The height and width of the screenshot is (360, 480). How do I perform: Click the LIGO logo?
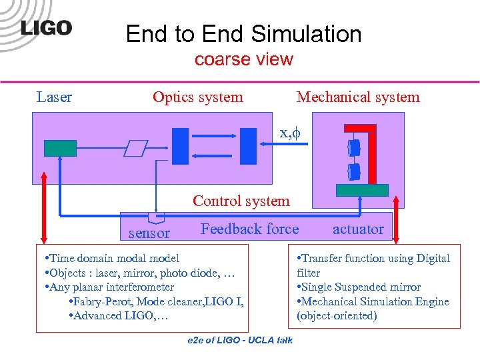pyautogui.click(x=45, y=28)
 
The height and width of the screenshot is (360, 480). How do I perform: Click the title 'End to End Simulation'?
pyautogui.click(x=243, y=34)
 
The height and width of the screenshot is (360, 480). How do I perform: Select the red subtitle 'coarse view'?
pyautogui.click(x=243, y=59)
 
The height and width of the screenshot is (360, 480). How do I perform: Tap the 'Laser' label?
pyautogui.click(x=54, y=97)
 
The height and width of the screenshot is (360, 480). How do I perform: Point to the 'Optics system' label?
pyautogui.click(x=197, y=97)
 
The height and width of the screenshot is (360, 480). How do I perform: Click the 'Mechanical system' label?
pyautogui.click(x=358, y=97)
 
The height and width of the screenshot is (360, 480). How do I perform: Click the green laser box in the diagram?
pyautogui.click(x=61, y=147)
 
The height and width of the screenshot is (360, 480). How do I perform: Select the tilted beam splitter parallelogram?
pyautogui.click(x=136, y=148)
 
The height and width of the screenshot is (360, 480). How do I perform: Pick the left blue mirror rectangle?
pyautogui.click(x=180, y=145)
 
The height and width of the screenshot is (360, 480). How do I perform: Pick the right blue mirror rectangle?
pyautogui.click(x=248, y=145)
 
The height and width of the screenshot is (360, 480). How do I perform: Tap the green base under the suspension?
pyautogui.click(x=362, y=189)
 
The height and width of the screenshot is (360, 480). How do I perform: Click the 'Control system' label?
pyautogui.click(x=241, y=201)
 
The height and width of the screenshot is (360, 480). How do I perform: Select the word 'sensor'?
pyautogui.click(x=149, y=233)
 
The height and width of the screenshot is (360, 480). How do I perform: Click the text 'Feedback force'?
pyautogui.click(x=249, y=229)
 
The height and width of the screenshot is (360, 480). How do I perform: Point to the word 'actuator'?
pyautogui.click(x=358, y=229)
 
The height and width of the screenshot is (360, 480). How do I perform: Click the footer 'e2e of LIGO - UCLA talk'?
pyautogui.click(x=240, y=341)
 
